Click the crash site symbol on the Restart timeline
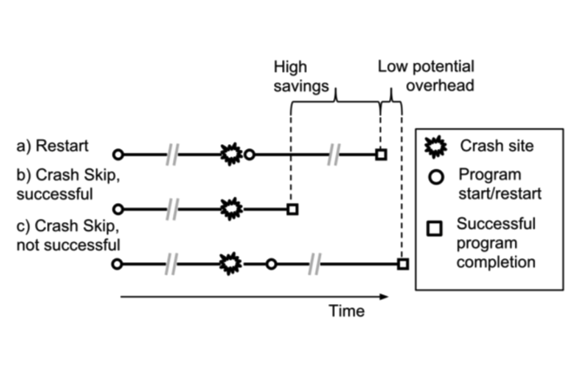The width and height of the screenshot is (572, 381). pyautogui.click(x=231, y=154)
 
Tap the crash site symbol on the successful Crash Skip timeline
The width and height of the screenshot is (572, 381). pyautogui.click(x=231, y=208)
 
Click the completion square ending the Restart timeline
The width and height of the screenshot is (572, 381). pyautogui.click(x=381, y=154)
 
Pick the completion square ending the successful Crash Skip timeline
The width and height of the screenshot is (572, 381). pyautogui.click(x=292, y=208)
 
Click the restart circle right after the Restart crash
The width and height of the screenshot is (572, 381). pyautogui.click(x=250, y=154)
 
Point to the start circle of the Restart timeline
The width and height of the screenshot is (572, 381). pyautogui.click(x=117, y=154)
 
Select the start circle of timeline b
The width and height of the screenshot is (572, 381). pyautogui.click(x=117, y=208)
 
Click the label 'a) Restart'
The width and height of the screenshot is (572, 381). pyautogui.click(x=53, y=145)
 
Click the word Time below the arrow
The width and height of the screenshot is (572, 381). pyautogui.click(x=346, y=311)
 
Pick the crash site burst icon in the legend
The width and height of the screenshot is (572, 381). pyautogui.click(x=435, y=146)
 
